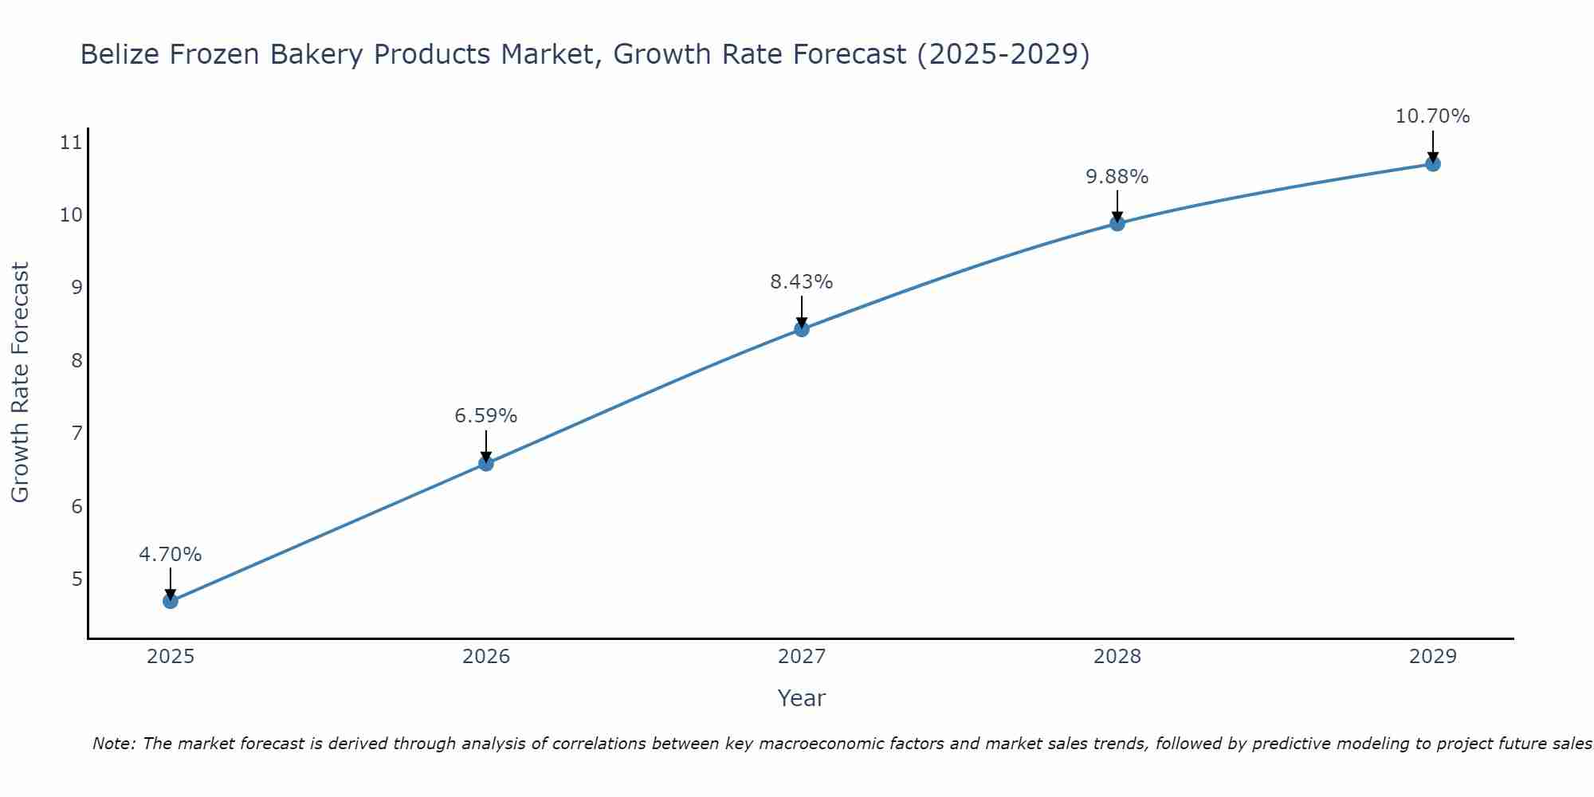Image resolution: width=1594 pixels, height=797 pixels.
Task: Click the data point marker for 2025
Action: (x=171, y=601)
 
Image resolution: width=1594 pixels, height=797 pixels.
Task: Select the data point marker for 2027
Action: (x=802, y=329)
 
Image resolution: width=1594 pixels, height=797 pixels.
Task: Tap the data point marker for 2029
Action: (x=1432, y=164)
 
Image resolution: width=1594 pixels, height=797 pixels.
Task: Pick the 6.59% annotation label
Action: (x=486, y=416)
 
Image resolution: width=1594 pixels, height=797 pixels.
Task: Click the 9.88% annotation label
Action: (x=1117, y=177)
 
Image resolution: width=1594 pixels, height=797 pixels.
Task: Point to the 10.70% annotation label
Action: (x=1432, y=116)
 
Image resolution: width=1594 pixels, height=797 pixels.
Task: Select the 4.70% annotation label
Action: (x=171, y=555)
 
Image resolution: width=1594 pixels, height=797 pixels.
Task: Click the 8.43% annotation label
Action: (x=801, y=282)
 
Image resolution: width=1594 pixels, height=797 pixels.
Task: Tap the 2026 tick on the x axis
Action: (x=486, y=657)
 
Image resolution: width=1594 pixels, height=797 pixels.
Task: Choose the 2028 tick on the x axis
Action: (x=1117, y=657)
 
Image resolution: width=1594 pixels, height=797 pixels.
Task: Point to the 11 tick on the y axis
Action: (x=71, y=143)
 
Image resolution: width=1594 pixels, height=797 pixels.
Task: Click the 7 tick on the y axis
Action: (x=77, y=434)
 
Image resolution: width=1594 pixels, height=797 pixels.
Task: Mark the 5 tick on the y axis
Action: (x=77, y=579)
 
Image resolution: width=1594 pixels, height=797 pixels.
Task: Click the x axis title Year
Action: (x=801, y=698)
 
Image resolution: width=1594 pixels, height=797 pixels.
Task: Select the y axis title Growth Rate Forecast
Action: (x=20, y=383)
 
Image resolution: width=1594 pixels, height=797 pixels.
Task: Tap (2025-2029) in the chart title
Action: (x=1003, y=54)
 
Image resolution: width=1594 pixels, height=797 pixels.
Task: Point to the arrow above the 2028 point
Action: (x=1117, y=206)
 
